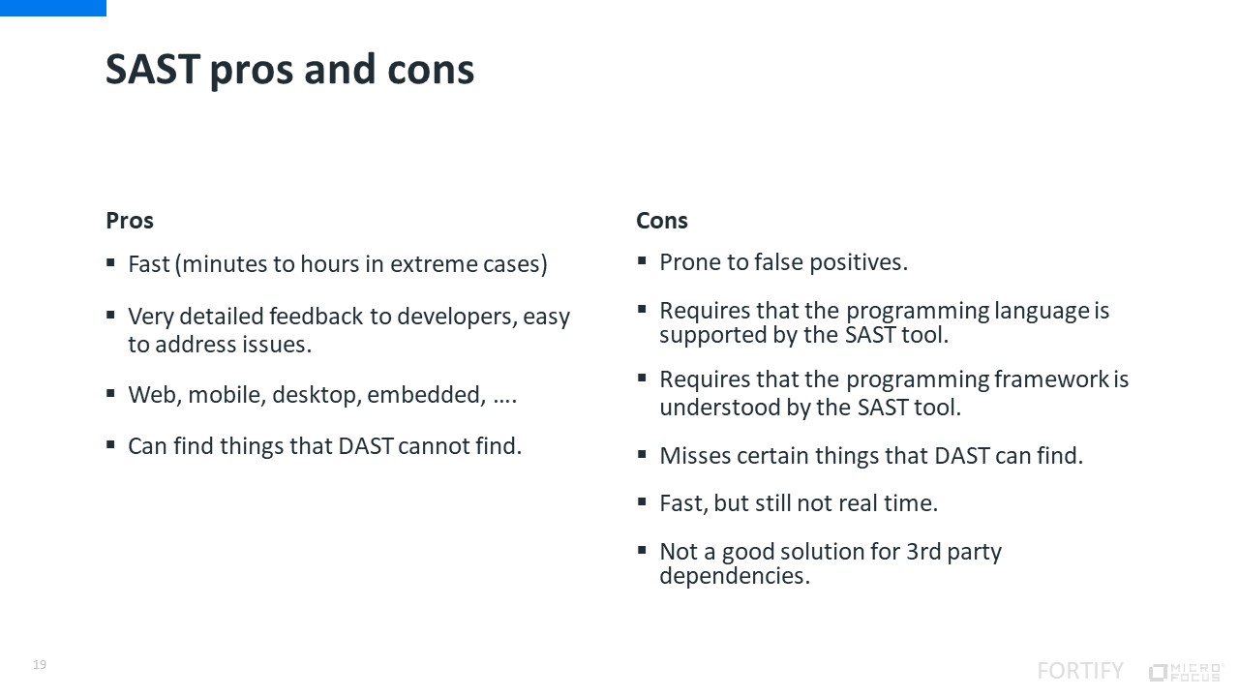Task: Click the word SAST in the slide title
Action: click(153, 69)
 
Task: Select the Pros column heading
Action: click(130, 220)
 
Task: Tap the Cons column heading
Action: click(661, 220)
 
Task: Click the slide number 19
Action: click(40, 664)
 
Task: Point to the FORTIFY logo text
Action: click(1080, 671)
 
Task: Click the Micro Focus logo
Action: click(1186, 672)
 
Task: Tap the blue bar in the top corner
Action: click(53, 8)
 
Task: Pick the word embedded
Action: click(426, 394)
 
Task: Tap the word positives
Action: click(859, 262)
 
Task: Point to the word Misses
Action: click(695, 456)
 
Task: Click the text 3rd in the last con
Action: click(923, 552)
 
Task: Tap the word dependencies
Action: click(735, 576)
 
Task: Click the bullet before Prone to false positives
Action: click(642, 260)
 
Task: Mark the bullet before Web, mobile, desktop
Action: click(110, 393)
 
